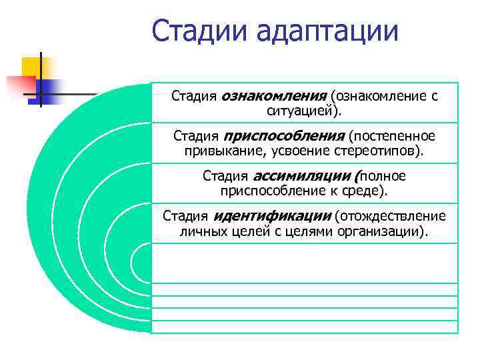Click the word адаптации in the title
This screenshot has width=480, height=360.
327,32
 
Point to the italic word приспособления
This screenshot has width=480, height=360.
283,137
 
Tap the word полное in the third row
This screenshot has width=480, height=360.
383,177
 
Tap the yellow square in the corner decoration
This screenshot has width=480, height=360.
31,67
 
